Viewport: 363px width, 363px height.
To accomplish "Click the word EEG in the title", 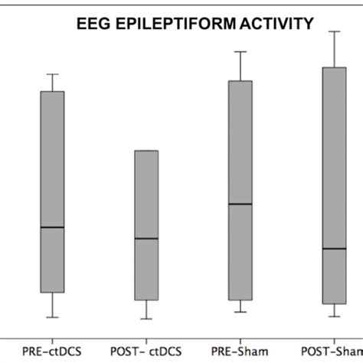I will (93, 26).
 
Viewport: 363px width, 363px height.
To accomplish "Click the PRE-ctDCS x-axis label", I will (53, 351).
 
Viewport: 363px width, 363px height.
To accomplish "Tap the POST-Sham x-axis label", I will (335, 351).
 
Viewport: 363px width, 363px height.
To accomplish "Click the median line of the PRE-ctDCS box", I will (52, 227).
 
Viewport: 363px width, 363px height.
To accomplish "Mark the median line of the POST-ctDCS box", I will (146, 238).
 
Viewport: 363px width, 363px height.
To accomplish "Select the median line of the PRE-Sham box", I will (240, 204).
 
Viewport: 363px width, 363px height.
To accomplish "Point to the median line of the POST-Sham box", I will (335, 248).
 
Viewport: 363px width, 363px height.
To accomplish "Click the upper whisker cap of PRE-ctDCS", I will (52, 74).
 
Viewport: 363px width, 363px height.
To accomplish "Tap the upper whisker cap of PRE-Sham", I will (240, 51).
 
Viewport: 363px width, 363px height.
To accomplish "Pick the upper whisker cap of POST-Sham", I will (335, 31).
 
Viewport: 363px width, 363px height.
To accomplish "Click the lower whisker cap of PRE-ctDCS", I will (52, 317).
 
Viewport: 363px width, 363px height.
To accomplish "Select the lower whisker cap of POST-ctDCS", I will (146, 319).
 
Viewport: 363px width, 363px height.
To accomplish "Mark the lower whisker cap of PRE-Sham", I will (240, 312).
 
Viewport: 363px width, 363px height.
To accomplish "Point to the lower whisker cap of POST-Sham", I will (335, 316).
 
